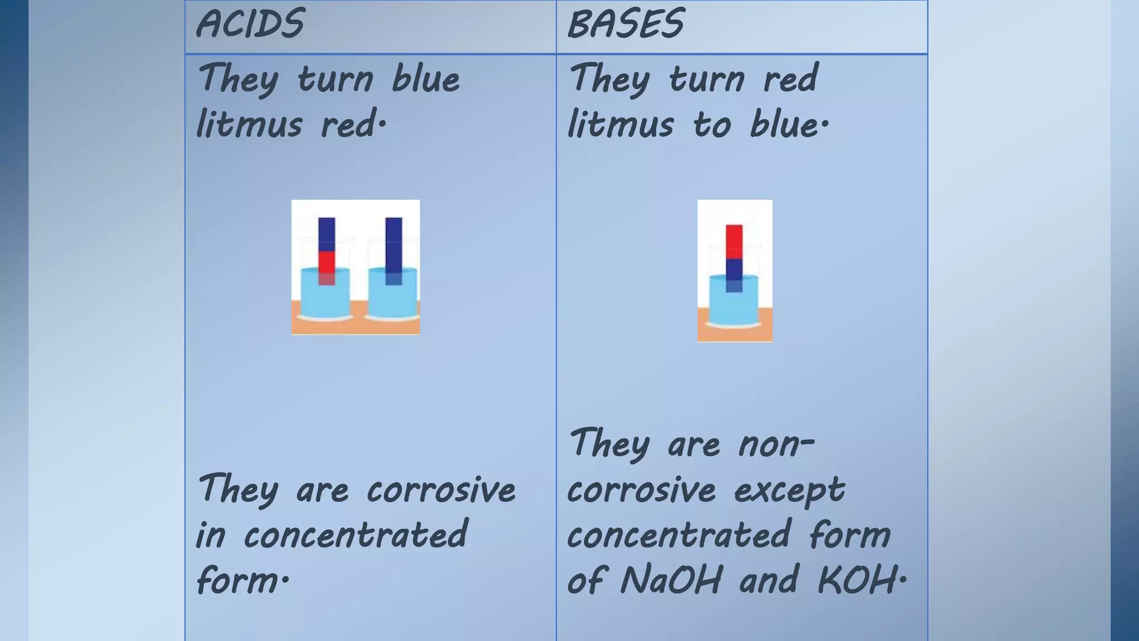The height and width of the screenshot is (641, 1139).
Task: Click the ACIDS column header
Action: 250,24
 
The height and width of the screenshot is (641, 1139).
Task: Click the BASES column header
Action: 626,24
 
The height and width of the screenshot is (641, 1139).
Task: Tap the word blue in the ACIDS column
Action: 425,80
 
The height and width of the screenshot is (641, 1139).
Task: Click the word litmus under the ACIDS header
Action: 249,125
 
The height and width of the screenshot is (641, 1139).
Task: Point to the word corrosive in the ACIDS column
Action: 440,491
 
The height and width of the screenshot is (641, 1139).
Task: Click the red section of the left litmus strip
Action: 326,262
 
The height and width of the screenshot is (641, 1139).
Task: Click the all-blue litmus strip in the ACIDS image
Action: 393,245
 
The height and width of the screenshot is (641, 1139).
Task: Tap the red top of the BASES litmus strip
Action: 734,241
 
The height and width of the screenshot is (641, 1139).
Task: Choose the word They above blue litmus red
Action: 238,80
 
